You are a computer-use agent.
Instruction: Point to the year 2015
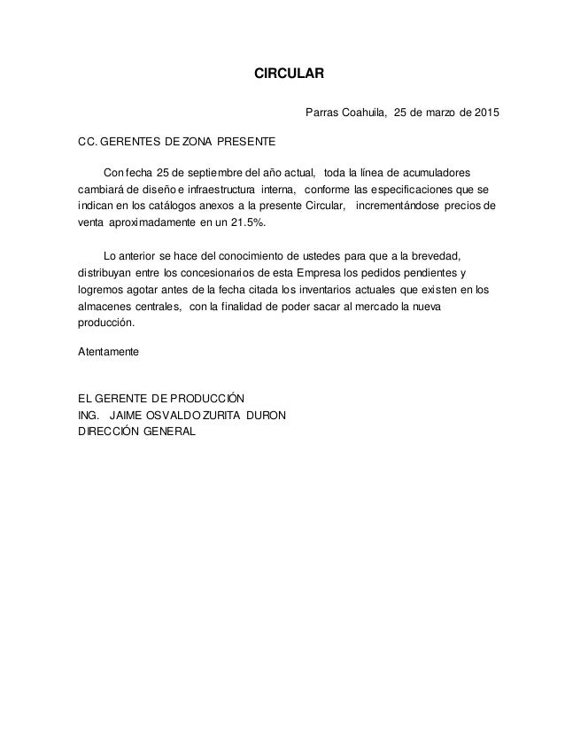click(x=484, y=114)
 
